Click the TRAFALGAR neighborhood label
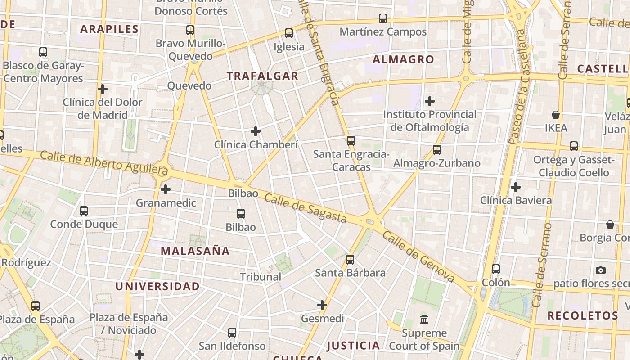click(262, 76)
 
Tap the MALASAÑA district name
click(195, 251)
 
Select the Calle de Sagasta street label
click(306, 207)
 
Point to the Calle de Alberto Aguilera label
click(104, 163)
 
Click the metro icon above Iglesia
click(289, 33)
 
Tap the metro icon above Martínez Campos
click(383, 18)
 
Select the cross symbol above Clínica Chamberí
click(256, 131)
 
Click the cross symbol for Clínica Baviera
click(516, 187)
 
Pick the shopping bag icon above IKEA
click(556, 115)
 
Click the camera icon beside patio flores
click(600, 270)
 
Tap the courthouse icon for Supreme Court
click(424, 319)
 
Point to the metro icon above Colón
click(496, 269)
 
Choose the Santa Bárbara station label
click(350, 273)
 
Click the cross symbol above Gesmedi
click(322, 305)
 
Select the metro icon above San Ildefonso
click(232, 333)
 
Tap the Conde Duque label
click(84, 224)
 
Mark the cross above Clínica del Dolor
click(103, 89)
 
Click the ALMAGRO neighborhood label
click(403, 59)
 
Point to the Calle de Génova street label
click(419, 257)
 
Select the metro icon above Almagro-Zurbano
click(436, 150)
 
